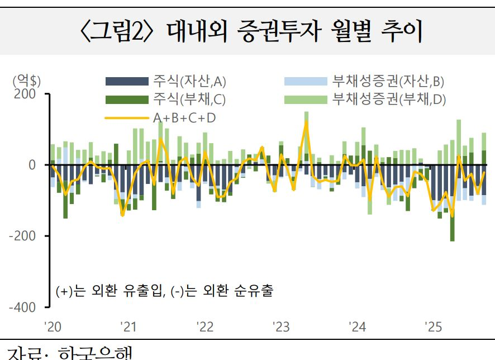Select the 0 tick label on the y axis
(x=31, y=165)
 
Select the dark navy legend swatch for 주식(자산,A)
(x=127, y=82)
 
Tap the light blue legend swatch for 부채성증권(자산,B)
(x=305, y=82)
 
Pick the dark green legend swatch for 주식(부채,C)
(x=127, y=100)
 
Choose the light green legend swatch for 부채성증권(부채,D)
(x=305, y=100)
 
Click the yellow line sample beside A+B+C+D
(x=127, y=118)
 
